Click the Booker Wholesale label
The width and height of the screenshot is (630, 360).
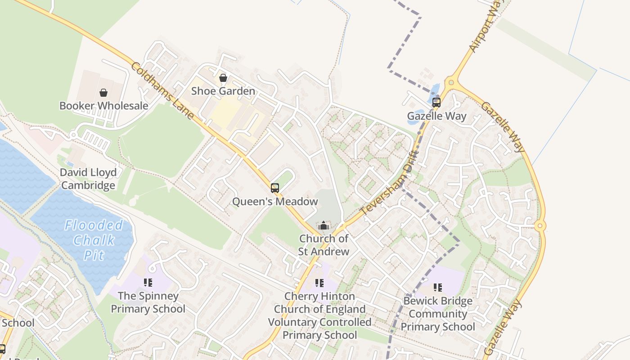103,106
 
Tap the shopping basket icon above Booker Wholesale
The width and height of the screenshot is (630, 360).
103,93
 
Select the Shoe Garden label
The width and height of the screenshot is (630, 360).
223,91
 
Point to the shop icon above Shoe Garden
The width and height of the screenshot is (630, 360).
223,78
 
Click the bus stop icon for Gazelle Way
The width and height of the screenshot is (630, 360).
436,102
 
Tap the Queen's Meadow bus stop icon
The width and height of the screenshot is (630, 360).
274,188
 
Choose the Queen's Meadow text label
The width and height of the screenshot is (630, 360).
274,201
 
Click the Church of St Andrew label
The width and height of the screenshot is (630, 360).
324,245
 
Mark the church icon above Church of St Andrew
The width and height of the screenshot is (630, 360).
324,225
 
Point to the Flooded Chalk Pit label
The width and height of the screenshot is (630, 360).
94,240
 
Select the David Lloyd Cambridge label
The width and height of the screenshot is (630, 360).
88,179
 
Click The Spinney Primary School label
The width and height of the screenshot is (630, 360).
148,302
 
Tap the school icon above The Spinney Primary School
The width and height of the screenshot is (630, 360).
148,283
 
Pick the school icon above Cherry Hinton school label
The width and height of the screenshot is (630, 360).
319,283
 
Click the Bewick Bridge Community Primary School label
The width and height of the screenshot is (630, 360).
437,314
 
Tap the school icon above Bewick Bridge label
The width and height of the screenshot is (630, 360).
437,287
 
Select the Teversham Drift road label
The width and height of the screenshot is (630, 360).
390,184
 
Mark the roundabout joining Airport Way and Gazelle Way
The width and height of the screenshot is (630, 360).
450,83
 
